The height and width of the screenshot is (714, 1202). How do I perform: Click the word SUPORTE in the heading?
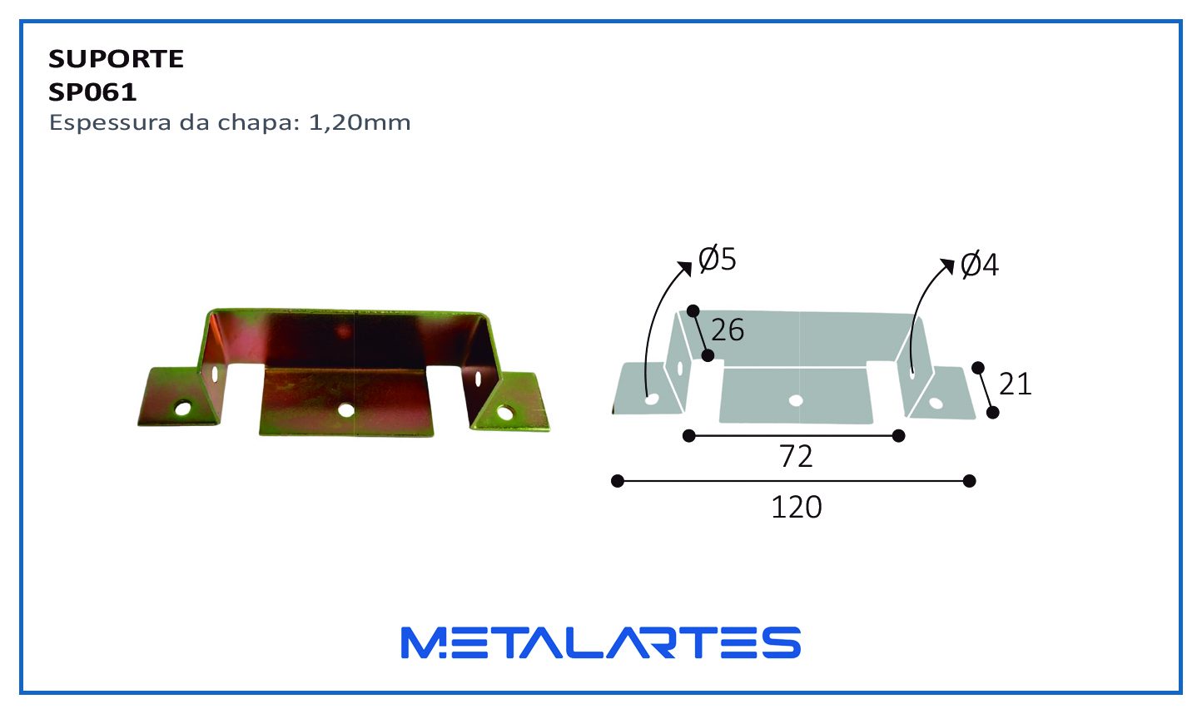click(116, 58)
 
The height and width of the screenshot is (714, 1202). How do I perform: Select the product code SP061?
click(92, 92)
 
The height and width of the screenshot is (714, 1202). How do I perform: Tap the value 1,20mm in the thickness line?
click(360, 123)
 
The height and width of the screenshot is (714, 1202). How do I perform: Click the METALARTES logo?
click(601, 642)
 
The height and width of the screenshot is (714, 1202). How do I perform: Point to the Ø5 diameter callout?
click(718, 259)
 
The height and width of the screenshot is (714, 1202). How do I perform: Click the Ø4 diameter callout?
click(979, 265)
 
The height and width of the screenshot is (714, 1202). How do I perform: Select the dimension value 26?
click(728, 330)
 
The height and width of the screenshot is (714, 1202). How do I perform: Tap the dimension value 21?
click(1016, 384)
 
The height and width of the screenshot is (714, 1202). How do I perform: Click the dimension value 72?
click(796, 457)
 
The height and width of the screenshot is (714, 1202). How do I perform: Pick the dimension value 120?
click(797, 508)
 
